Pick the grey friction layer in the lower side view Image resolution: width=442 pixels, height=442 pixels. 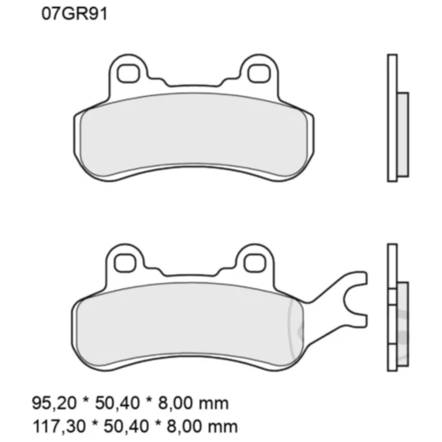pos(403,323)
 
